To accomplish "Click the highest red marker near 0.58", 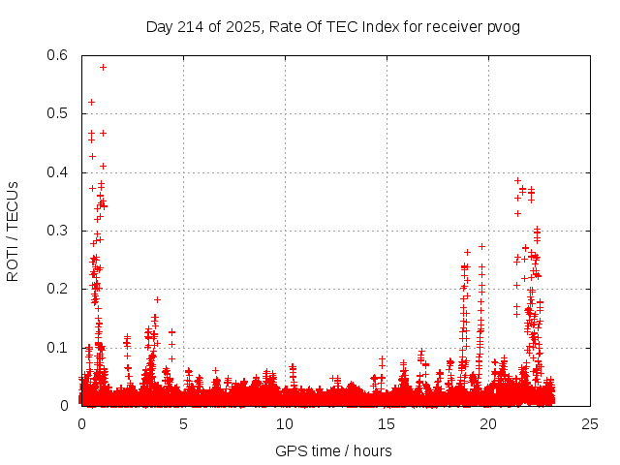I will [103, 67].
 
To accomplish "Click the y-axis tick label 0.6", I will [57, 55].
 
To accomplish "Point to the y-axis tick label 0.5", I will [57, 113].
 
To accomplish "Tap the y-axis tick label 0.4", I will [57, 172].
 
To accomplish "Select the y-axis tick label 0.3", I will [57, 231].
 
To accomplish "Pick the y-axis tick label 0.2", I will [57, 289].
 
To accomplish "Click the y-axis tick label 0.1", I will [57, 348].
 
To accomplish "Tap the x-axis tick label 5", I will [183, 423].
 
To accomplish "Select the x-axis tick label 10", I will [285, 423].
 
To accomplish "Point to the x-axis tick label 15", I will [387, 423].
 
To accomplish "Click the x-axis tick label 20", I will [488, 423].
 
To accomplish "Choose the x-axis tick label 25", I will [590, 423].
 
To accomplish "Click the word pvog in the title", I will [505, 27].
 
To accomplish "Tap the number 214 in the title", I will [191, 27].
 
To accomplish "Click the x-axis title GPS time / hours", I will [333, 450].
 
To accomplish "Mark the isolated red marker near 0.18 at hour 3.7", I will [157, 299].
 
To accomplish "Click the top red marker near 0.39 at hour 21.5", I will [517, 180].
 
